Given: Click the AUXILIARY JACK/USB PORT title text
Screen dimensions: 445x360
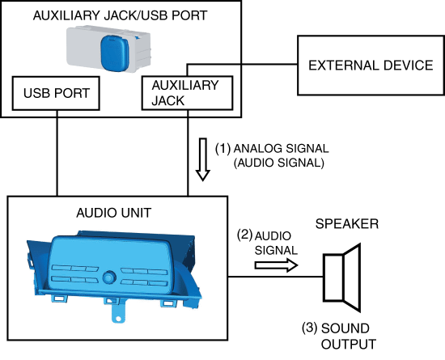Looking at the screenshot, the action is coord(120,15).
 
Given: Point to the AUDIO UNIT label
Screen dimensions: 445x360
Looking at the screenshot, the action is coord(114,213).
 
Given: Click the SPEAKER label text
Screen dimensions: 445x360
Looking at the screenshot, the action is coord(347,224).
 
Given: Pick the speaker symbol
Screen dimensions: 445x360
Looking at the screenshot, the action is coord(342,277).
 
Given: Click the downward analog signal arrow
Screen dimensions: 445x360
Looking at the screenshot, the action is coord(202,159).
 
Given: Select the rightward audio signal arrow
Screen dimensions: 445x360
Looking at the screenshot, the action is coord(276,265).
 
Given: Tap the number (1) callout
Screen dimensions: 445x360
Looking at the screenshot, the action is coord(223,149).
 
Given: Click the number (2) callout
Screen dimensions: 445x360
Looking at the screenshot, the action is coord(245,235).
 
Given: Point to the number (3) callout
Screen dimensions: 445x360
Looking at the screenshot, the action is coord(309,328).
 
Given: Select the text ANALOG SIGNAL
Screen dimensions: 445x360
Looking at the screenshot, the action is coord(281,149).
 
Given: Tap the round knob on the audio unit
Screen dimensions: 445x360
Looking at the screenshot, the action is coord(109,277).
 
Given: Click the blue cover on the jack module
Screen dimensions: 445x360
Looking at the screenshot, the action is coord(115,53).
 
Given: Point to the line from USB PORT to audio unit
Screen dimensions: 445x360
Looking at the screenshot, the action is coord(57,153).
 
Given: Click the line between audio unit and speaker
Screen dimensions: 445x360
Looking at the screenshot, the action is coord(276,277).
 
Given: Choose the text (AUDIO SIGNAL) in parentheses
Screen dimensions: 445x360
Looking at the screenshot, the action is coord(278,163).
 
